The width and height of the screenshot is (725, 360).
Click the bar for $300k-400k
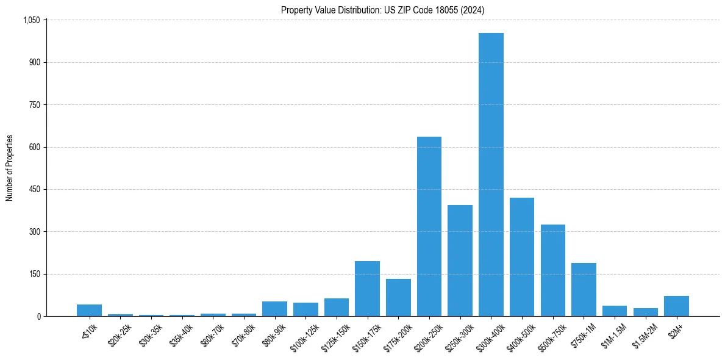pos(491,175)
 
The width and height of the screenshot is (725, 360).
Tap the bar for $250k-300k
pos(460,261)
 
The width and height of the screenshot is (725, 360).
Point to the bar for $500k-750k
pos(552,270)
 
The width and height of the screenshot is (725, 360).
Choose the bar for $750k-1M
pos(584,289)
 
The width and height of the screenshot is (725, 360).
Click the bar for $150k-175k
pos(367,289)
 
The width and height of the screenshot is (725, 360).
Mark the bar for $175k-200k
pos(398,298)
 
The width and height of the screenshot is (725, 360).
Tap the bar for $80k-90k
pos(274,309)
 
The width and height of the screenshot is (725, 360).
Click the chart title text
pos(383,10)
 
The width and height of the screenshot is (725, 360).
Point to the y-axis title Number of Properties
pos(10,168)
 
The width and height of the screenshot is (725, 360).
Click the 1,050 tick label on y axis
pos(31,20)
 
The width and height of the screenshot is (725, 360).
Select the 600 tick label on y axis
pos(34,147)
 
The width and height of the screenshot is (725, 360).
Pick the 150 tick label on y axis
pos(34,274)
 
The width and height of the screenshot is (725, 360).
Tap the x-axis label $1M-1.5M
pos(612,334)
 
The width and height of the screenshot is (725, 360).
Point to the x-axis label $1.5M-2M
pos(643,334)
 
